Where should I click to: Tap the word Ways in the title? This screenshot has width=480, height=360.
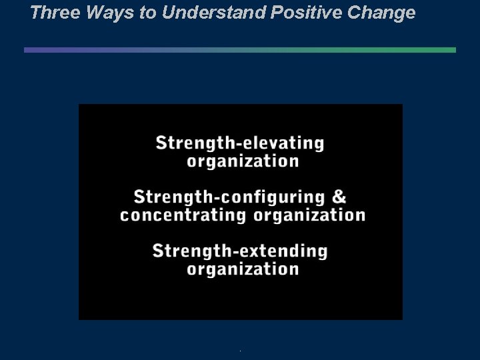pos(102,13)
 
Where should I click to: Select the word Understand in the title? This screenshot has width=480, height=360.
pos(211,13)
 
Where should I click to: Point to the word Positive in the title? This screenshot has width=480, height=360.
pos(303,13)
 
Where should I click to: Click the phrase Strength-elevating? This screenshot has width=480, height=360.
pos(240,143)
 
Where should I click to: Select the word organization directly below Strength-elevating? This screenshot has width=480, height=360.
pos(243,161)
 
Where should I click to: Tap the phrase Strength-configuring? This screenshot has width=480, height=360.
pos(229,197)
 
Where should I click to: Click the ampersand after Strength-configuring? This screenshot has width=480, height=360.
pos(339,197)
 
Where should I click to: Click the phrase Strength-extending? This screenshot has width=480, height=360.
pos(240,251)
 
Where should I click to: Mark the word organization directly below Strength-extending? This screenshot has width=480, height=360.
pos(243,269)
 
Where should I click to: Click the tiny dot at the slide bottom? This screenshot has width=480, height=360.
pos(240,351)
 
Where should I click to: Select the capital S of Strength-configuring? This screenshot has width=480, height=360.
pos(139,197)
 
